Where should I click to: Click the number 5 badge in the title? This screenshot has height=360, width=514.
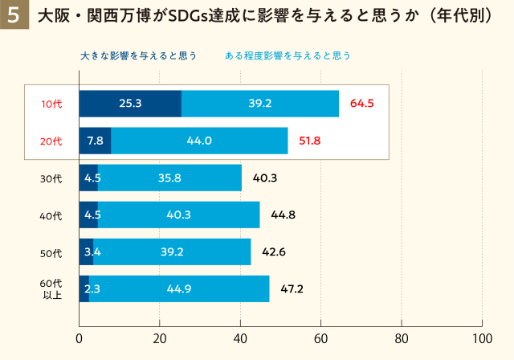point(14,16)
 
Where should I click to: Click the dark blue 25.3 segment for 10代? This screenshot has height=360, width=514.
point(130,104)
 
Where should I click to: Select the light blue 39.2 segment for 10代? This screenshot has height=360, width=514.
point(260,104)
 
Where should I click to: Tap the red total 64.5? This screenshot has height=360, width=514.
point(363,104)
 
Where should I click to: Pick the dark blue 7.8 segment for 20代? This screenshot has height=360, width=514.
point(95,141)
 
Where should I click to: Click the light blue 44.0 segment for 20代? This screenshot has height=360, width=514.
point(199,141)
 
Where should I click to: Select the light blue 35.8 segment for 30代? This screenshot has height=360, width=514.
point(169,178)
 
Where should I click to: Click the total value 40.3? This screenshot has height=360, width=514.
point(265,178)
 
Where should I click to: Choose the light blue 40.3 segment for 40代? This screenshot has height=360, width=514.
point(178,215)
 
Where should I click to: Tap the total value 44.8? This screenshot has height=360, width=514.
point(284,215)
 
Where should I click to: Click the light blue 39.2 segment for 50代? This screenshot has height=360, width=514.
point(172,252)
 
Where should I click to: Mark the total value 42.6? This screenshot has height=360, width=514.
point(275,252)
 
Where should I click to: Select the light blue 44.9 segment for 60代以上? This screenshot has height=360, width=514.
point(178,288)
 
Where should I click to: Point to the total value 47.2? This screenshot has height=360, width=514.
point(293,288)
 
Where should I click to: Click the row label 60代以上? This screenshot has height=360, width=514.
point(51,288)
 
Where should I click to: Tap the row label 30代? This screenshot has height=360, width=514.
point(51,178)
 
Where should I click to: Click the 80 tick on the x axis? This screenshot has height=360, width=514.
point(402,338)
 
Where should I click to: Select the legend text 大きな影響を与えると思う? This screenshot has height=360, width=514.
point(139,55)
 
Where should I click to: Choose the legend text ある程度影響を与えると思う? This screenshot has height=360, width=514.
point(288,55)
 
